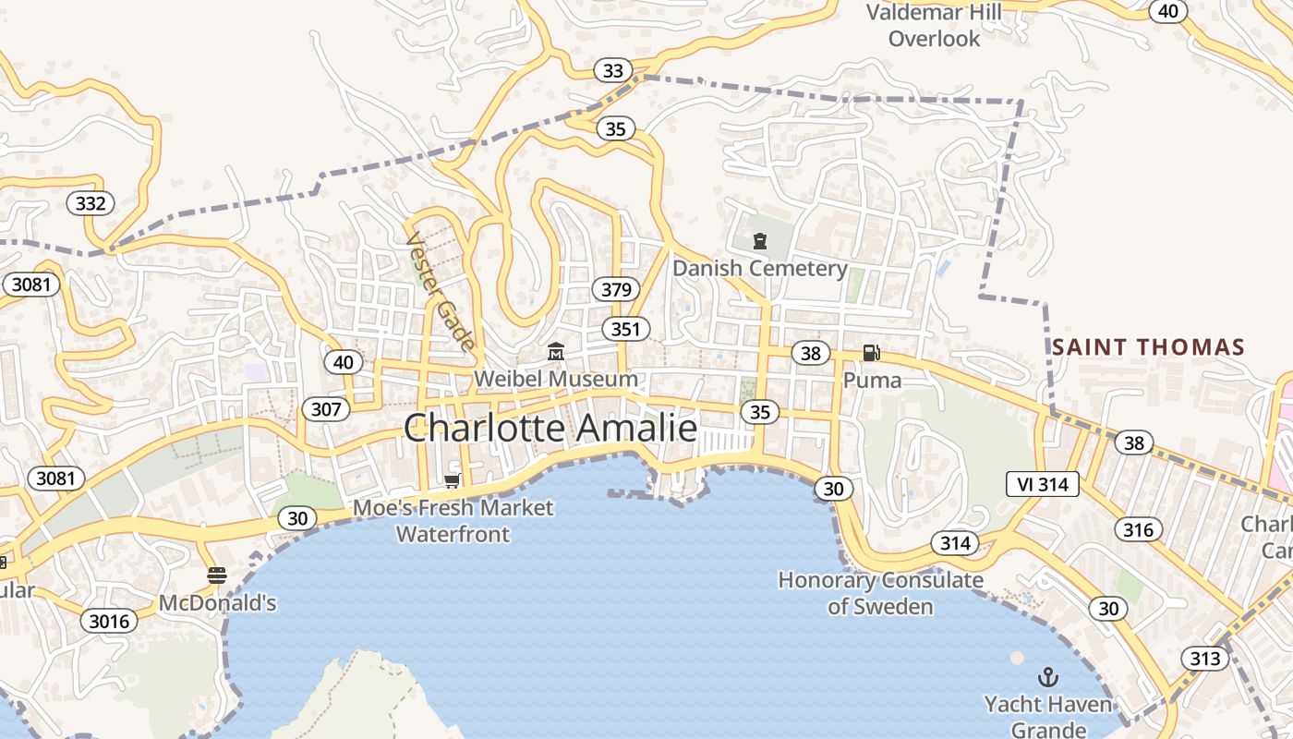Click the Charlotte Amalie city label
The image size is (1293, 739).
tap(550, 429)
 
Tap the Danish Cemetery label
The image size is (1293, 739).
tap(759, 269)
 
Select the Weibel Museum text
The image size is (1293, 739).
tap(555, 379)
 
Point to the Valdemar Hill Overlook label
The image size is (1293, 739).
tap(934, 25)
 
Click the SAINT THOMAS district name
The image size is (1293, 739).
tap(1148, 347)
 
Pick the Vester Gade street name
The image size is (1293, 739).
tap(441, 291)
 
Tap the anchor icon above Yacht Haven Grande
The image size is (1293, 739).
tap(1047, 677)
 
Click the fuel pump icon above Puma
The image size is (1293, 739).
tap(871, 353)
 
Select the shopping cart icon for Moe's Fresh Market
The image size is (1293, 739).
tap(453, 480)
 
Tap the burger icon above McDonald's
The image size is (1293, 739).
tap(217, 576)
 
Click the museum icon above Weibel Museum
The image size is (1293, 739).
tap(556, 352)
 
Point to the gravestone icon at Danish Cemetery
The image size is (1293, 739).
tap(760, 242)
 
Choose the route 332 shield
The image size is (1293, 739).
tap(91, 203)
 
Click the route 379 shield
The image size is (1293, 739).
tap(616, 289)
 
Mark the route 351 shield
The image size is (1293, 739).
tap(625, 329)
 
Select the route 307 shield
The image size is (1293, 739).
tap(326, 409)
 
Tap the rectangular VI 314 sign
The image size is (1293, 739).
tap(1042, 484)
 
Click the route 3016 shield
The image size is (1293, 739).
tap(108, 621)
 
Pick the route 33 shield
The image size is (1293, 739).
tap(612, 70)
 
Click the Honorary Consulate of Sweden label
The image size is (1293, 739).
tap(880, 593)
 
